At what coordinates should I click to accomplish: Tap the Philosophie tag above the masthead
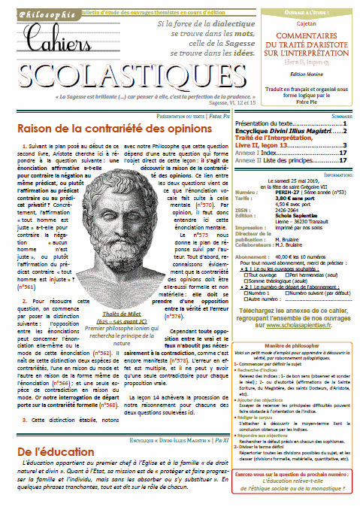coord(32,12)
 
